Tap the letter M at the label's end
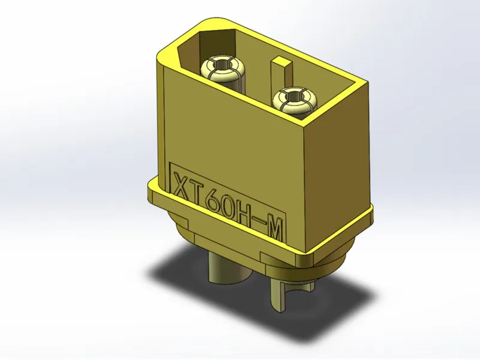point(273,231)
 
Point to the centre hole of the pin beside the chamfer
point(223,65)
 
